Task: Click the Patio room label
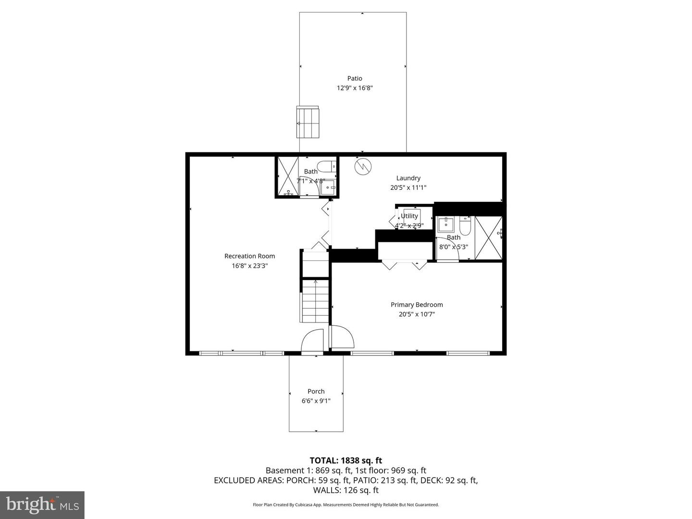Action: click(355, 78)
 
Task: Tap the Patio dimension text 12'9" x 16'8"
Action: click(355, 88)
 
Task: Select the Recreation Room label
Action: click(249, 256)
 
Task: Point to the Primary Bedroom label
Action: click(417, 305)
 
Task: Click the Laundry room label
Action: click(408, 178)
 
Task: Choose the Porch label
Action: click(316, 391)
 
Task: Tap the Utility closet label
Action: click(409, 216)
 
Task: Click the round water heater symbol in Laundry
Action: click(363, 166)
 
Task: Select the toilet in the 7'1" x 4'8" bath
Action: click(328, 166)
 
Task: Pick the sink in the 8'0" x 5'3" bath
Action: click(445, 224)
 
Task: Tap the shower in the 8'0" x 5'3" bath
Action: click(488, 238)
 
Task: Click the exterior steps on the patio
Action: click(308, 123)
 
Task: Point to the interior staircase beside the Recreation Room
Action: click(315, 301)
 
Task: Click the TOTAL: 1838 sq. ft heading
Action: click(346, 460)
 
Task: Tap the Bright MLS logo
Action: click(42, 505)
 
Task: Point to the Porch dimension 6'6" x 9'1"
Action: click(316, 401)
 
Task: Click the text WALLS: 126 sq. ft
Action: click(346, 490)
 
